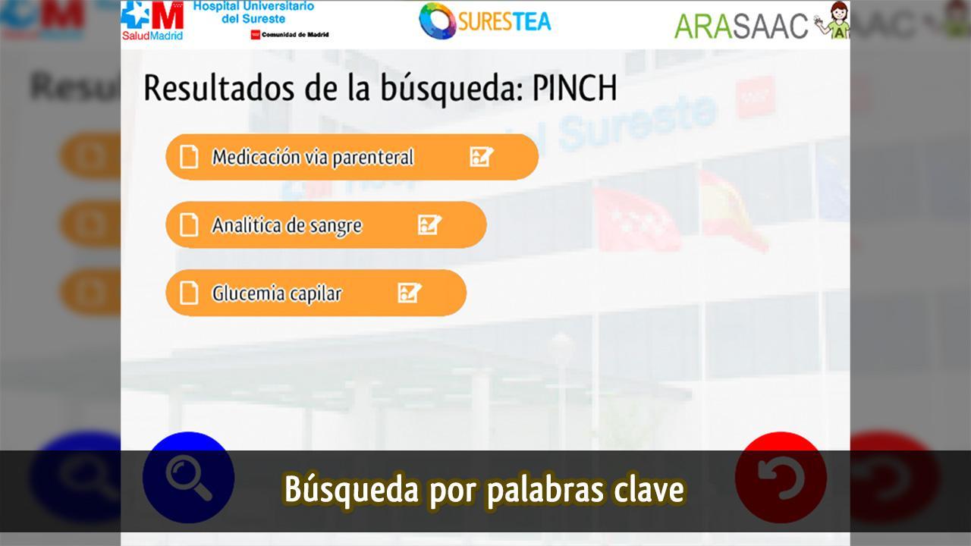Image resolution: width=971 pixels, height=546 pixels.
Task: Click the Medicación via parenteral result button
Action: [x=352, y=157]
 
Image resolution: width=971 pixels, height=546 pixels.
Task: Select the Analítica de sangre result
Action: [x=326, y=225]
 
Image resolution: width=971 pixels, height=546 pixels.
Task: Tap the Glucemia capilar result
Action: [x=316, y=293]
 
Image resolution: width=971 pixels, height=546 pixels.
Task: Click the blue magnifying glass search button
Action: [x=189, y=477]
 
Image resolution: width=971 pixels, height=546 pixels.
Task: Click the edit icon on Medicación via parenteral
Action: [x=481, y=157]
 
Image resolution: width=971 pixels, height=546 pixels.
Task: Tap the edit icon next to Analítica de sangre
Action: [x=429, y=225]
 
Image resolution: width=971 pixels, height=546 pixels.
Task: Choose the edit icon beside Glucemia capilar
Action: [x=409, y=293]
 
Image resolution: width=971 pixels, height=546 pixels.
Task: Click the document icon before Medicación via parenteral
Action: [x=189, y=157]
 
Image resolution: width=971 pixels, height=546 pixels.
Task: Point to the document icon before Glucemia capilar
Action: [x=189, y=293]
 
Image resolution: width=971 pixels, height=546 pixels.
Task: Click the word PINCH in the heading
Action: [x=574, y=88]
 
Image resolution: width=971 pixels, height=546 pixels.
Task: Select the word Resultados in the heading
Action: [x=219, y=88]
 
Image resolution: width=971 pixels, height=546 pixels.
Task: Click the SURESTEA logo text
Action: [x=504, y=21]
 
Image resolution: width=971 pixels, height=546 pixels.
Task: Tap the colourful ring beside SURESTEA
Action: [x=437, y=20]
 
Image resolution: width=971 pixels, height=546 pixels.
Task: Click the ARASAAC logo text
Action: [x=741, y=26]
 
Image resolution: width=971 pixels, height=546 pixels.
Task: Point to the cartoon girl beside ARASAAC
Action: [x=833, y=20]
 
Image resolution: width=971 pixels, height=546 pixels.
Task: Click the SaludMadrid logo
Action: [x=152, y=20]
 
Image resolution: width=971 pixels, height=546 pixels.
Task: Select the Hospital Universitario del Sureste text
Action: [x=253, y=12]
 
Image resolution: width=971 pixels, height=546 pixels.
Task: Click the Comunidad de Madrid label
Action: [x=290, y=35]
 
